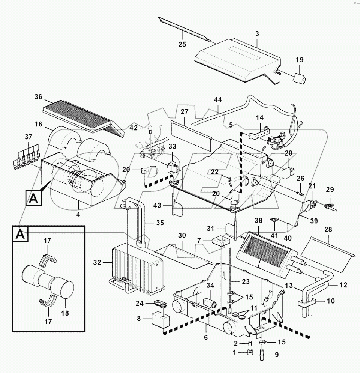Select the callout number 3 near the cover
pyautogui.click(x=257, y=34)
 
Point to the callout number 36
pyautogui.click(x=39, y=96)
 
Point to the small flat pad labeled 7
pyautogui.click(x=220, y=240)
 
